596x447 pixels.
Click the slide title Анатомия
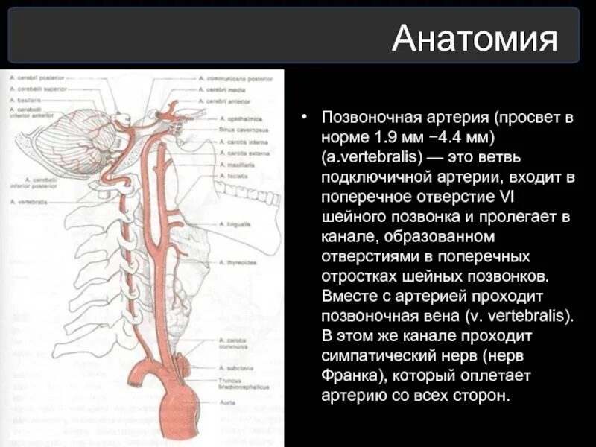pyautogui.click(x=475, y=39)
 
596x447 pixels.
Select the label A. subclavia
pyautogui.click(x=234, y=367)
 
